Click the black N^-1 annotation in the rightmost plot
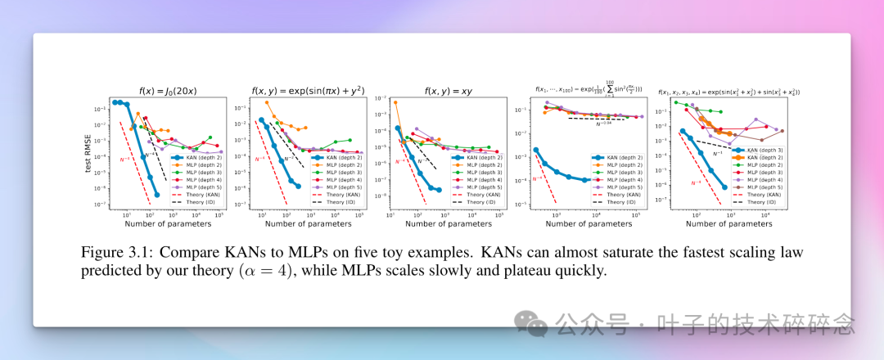(717, 152)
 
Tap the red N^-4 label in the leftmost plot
(125, 159)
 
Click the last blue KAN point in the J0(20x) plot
(156, 195)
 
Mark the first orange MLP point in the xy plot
(396, 102)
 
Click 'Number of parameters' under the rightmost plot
(726, 223)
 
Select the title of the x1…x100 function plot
(589, 88)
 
